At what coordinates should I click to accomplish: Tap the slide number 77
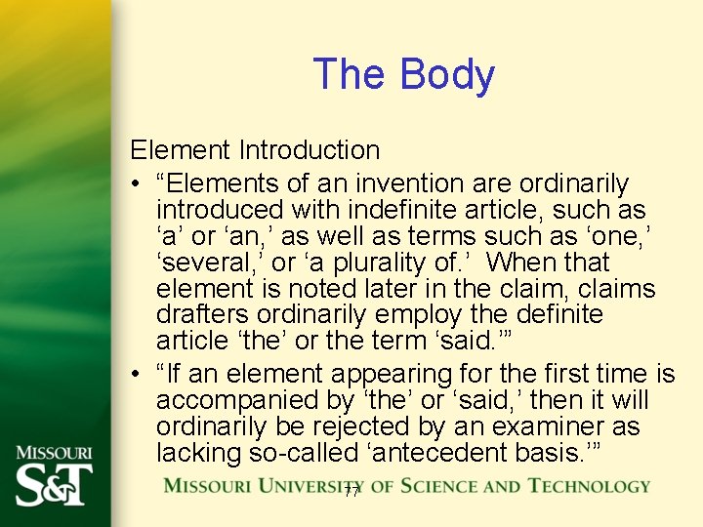[351, 493]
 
